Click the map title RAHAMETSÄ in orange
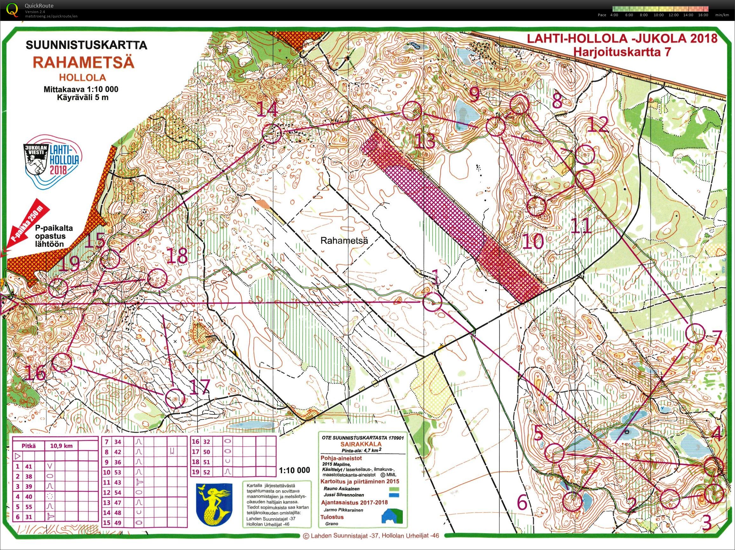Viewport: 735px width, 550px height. point(84,62)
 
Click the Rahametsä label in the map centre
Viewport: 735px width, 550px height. point(344,240)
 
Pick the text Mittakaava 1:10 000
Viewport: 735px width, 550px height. point(81,89)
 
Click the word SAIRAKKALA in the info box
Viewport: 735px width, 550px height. point(361,444)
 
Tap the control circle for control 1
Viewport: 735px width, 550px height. point(432,302)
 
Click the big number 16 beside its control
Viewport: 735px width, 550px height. point(35,373)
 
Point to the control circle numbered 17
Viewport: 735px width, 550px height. point(175,398)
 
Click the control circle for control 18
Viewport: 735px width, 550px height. point(157,278)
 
